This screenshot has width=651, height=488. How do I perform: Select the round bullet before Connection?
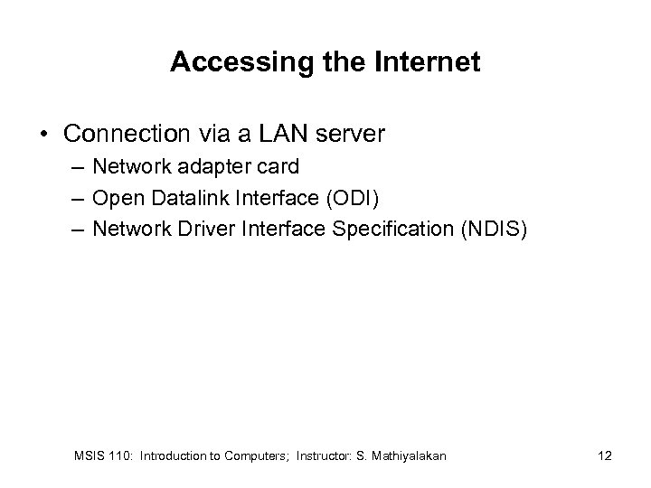point(44,135)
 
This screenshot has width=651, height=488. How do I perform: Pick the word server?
point(352,135)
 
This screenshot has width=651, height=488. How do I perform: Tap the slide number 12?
point(604,455)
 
